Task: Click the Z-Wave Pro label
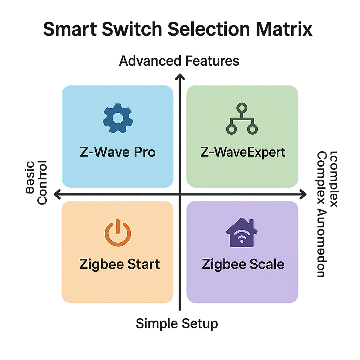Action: [117, 152]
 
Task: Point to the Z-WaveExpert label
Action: [243, 152]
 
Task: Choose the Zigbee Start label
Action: [120, 264]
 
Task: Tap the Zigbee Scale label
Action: [243, 264]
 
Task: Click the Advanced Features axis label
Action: [179, 61]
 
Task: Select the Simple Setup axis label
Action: [177, 323]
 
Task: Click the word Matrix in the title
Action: [281, 30]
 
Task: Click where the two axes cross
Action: [180, 194]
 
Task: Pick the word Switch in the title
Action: [131, 30]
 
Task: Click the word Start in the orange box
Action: [142, 264]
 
